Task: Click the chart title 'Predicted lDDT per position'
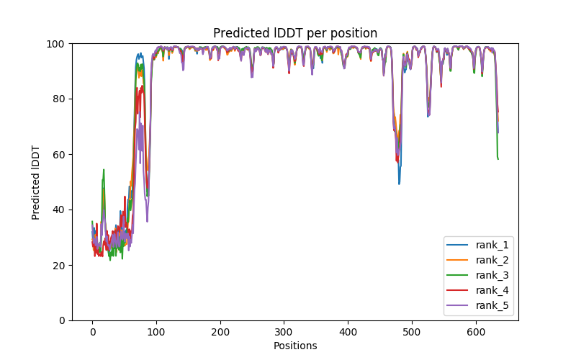point(295,33)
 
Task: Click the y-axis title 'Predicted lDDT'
point(36,182)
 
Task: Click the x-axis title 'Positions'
point(295,346)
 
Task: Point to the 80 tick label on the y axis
point(60,99)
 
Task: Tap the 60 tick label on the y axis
point(60,155)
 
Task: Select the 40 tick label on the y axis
point(60,210)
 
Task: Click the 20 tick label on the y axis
point(60,266)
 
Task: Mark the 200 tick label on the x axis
point(220,331)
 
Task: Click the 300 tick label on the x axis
point(284,331)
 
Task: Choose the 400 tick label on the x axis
point(348,331)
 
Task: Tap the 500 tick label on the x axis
point(412,331)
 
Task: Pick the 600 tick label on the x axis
point(476,331)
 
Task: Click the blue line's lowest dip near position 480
point(399,184)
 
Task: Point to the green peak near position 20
point(104,170)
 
